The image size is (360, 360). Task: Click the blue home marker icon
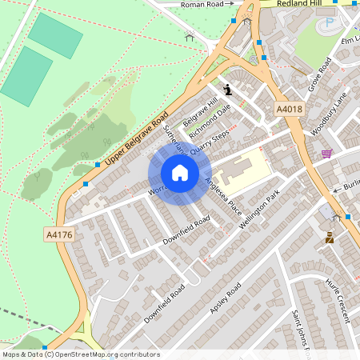click(180, 173)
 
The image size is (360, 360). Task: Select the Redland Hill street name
click(298, 4)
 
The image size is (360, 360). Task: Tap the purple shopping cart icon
click(326, 153)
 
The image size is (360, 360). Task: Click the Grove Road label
click(319, 74)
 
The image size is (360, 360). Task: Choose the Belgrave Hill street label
click(200, 111)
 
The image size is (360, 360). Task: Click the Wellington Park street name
click(264, 207)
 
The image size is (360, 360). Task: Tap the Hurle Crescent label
click(338, 300)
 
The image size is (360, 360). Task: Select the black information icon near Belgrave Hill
click(229, 89)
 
